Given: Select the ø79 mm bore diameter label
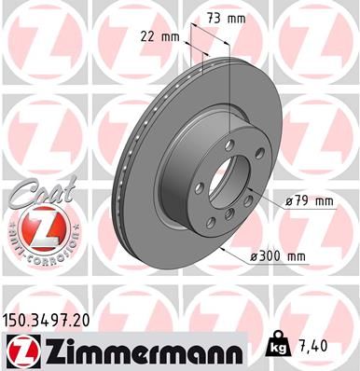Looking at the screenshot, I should [x=307, y=200].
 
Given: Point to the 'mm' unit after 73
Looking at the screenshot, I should [x=241, y=18].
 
